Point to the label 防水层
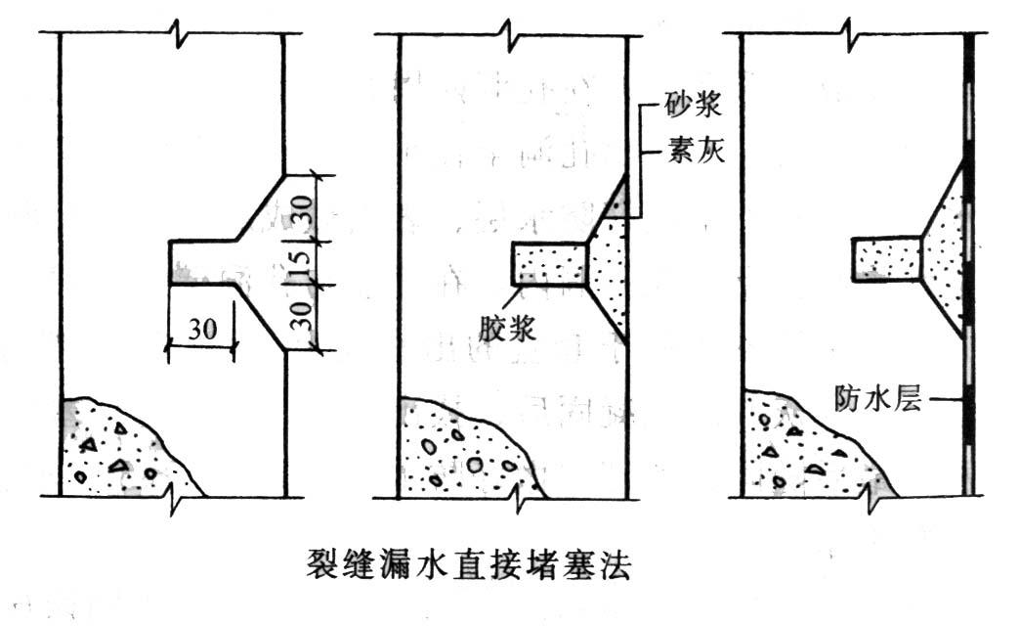click(x=878, y=397)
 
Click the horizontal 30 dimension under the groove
click(x=201, y=329)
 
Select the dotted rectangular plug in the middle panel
click(x=550, y=265)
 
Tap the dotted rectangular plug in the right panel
click(x=887, y=259)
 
